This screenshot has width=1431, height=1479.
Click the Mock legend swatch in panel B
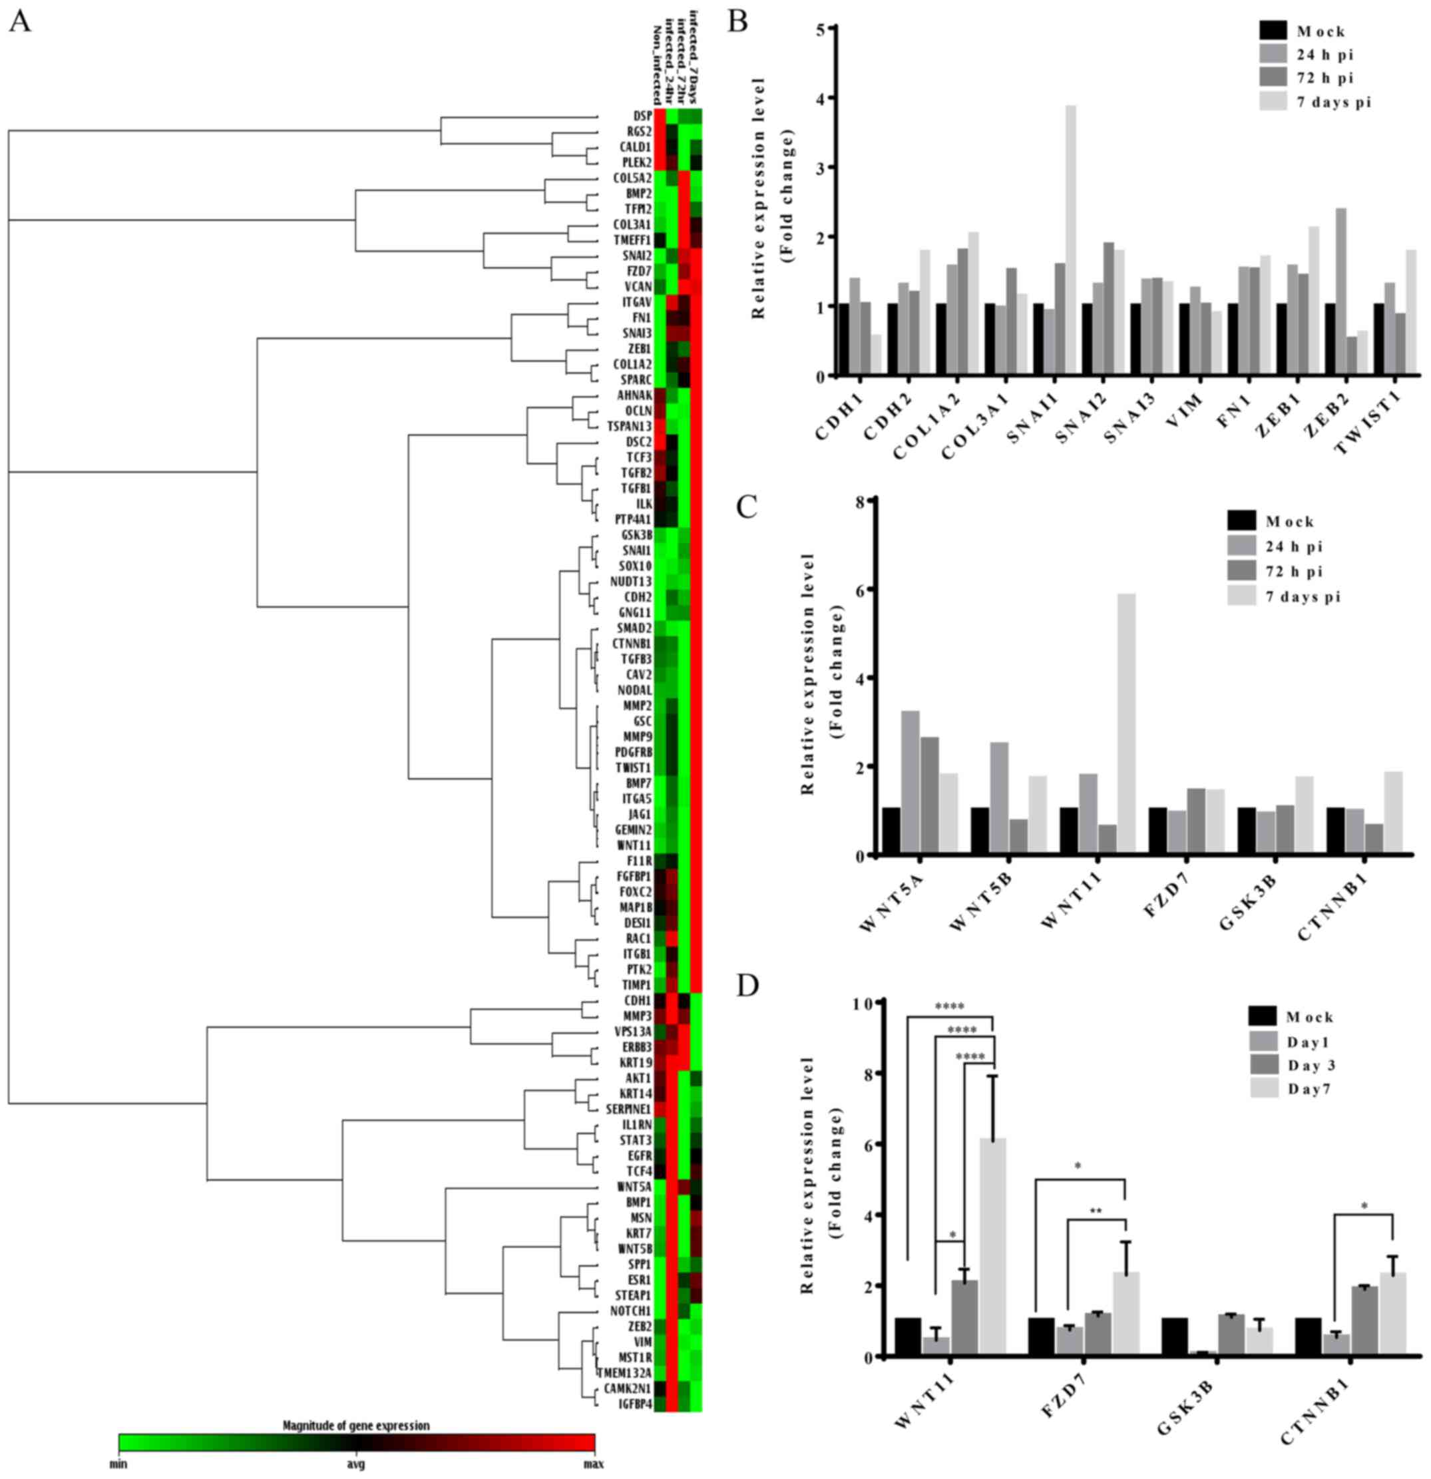[x=1273, y=31]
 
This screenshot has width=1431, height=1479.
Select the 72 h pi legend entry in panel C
[x=1293, y=571]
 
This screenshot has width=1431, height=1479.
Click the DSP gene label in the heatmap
[x=642, y=115]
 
